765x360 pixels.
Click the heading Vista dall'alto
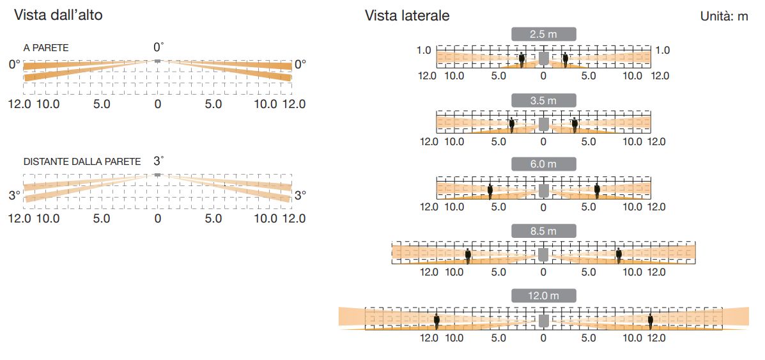58,15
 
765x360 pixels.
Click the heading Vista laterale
407,15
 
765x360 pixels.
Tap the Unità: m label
724,16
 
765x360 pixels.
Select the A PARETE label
46,48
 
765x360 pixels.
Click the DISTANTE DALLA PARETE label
82,162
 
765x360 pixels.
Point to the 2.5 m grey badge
543,34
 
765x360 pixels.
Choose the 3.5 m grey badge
543,100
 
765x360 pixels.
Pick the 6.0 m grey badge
543,164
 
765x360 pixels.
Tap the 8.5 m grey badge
543,231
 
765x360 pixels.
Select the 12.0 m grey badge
543,295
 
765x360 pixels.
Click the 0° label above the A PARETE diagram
158,47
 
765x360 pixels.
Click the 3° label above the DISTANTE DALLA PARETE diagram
158,160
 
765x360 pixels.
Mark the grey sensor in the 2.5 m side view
543,58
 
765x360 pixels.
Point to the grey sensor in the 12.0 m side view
543,319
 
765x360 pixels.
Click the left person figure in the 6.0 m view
490,191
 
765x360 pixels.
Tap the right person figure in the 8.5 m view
619,255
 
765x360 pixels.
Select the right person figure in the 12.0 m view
650,320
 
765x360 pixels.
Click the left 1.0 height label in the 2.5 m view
424,50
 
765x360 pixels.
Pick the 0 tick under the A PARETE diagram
158,104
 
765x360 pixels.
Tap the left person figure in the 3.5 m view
511,124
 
